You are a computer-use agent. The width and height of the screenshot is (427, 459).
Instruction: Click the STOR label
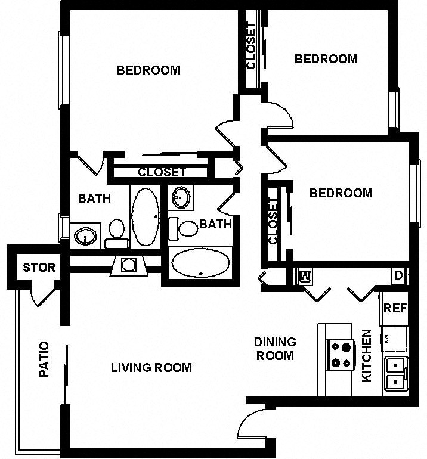[39, 267]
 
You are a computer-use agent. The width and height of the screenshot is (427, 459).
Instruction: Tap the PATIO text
[44, 359]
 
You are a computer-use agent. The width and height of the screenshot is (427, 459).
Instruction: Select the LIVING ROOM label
[151, 367]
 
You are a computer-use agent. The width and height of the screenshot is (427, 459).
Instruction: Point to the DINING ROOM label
[275, 349]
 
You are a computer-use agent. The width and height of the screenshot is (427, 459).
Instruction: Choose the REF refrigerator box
[395, 308]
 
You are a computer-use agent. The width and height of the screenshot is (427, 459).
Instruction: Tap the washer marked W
[304, 276]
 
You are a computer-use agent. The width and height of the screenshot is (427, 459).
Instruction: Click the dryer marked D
[398, 276]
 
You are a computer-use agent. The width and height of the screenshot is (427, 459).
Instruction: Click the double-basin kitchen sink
[395, 374]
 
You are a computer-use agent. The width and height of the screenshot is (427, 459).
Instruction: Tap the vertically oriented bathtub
[145, 216]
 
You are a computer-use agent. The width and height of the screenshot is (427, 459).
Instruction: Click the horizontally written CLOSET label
[162, 172]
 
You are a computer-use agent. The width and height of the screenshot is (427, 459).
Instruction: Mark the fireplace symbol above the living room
[129, 265]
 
